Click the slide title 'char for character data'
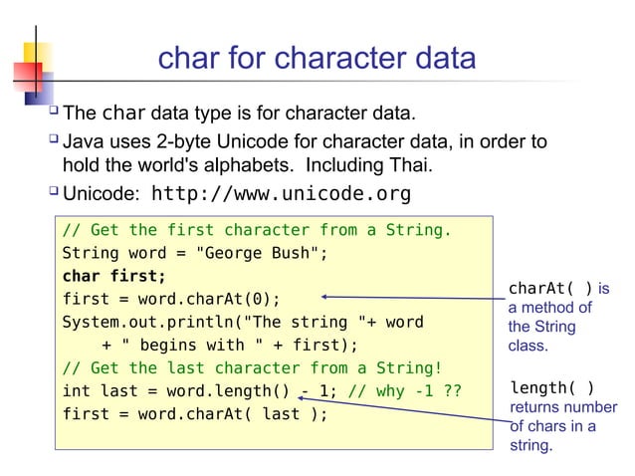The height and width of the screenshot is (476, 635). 317,58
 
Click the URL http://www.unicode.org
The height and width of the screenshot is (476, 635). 280,192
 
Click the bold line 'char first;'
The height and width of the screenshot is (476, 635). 114,276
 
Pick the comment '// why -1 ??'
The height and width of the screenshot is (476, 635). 405,390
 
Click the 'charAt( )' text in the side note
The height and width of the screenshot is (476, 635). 550,289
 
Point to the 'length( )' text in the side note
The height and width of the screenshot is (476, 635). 552,388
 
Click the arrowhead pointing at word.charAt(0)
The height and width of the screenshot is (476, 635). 326,297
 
